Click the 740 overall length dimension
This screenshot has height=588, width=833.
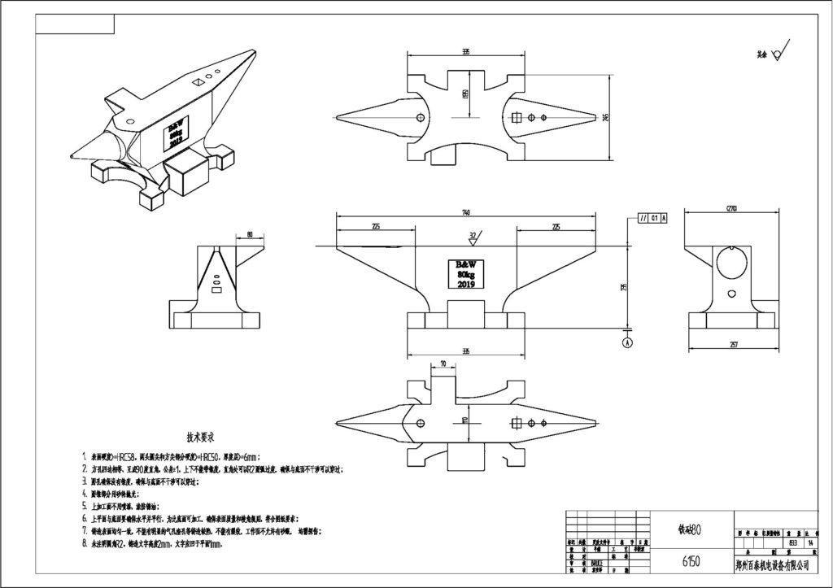[x=465, y=213]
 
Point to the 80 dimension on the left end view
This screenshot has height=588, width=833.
[x=248, y=235]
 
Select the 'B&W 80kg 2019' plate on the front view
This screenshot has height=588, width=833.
[x=465, y=274]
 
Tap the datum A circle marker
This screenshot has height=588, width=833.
[x=627, y=343]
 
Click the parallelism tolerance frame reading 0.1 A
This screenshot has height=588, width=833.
[x=653, y=218]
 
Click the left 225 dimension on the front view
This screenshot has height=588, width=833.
[x=375, y=226]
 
